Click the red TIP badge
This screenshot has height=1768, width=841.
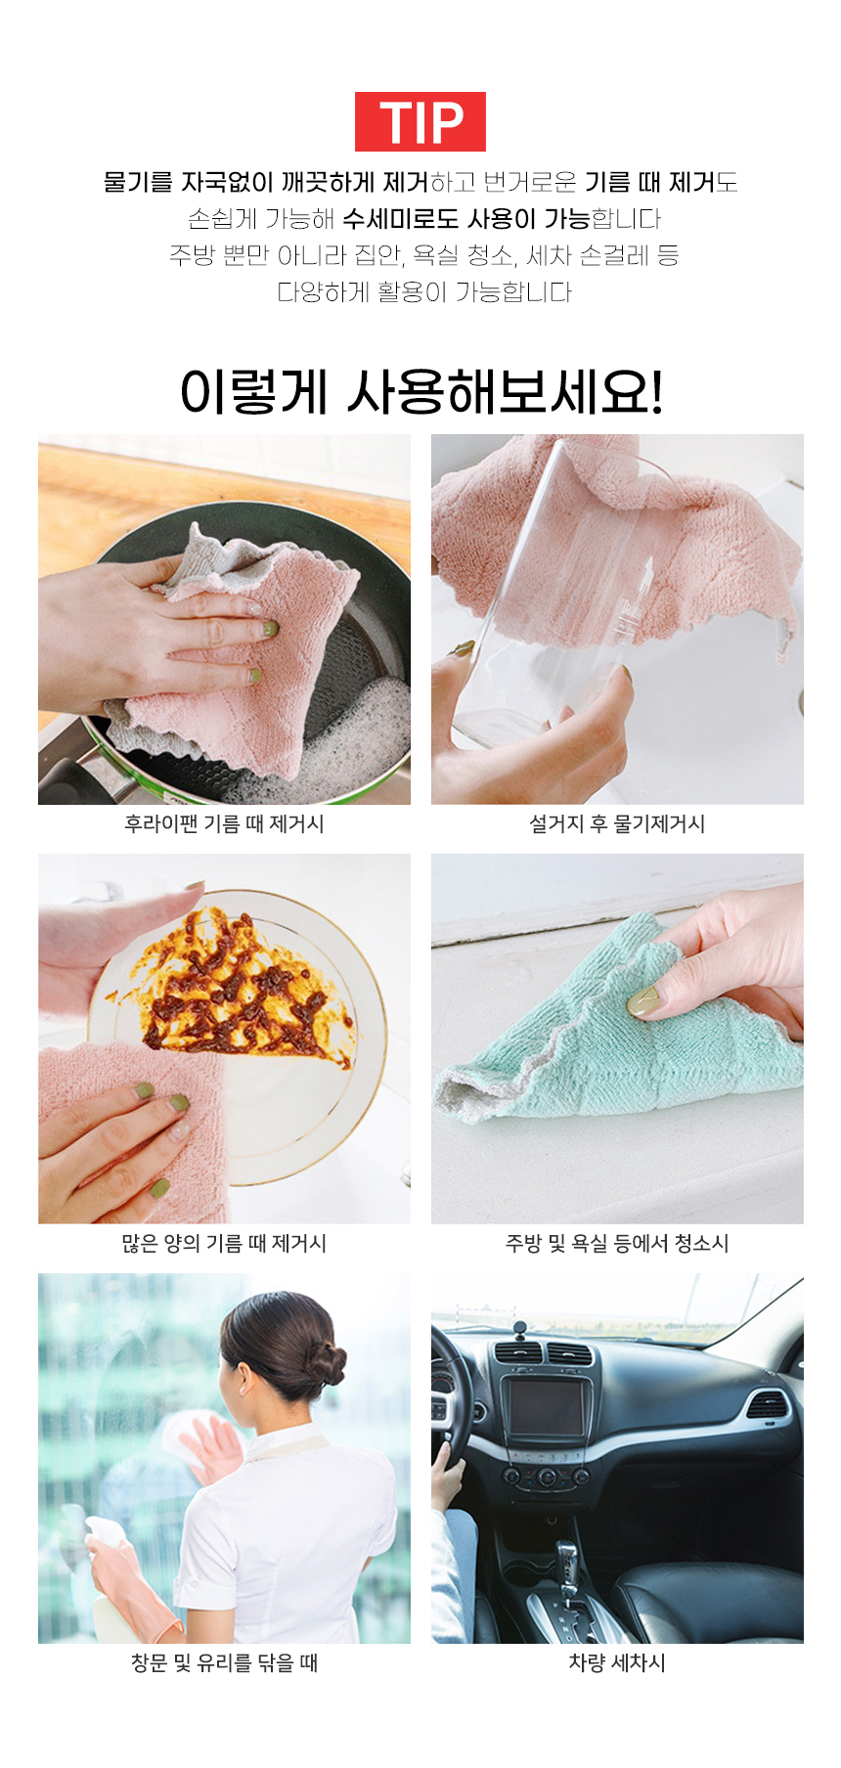pyautogui.click(x=420, y=121)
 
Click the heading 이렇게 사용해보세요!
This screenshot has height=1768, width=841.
pyautogui.click(x=421, y=391)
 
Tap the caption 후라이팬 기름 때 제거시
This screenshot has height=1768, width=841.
pyautogui.click(x=224, y=823)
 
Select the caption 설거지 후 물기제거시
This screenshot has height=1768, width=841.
pyautogui.click(x=617, y=823)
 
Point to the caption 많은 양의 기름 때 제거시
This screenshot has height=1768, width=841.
pyautogui.click(x=224, y=1243)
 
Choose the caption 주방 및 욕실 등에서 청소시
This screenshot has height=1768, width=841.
pyautogui.click(x=617, y=1243)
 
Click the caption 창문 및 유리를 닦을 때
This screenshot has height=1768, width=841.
pyautogui.click(x=224, y=1662)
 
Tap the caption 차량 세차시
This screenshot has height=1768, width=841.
pyautogui.click(x=617, y=1662)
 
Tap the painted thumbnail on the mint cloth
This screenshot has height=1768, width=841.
pyautogui.click(x=646, y=1003)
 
